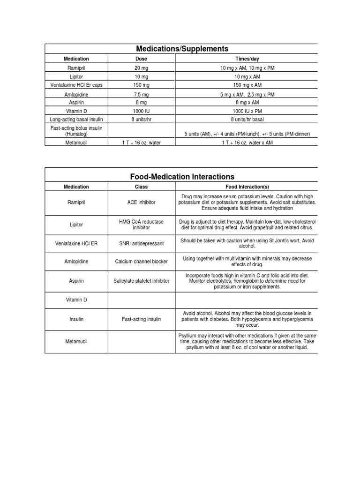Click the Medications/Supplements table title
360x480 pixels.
(182, 49)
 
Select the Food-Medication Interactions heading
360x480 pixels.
(182, 177)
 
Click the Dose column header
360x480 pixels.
(141, 59)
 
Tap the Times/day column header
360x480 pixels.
(247, 59)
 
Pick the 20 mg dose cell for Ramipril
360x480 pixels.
(141, 68)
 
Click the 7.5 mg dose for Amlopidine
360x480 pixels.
(141, 94)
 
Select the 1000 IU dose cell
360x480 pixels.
(141, 112)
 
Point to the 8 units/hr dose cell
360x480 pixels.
(141, 120)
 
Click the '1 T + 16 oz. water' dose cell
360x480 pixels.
(141, 142)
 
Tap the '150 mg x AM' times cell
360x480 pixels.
(247, 85)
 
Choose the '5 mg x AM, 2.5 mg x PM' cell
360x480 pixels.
(247, 94)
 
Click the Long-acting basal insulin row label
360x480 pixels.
(76, 120)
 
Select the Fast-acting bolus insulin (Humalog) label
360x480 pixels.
(76, 131)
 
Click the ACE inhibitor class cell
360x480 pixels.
(141, 202)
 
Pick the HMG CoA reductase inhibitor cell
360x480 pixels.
(141, 225)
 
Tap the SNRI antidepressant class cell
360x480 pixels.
(141, 244)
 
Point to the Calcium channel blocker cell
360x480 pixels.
(141, 261)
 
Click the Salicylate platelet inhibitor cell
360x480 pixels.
(141, 281)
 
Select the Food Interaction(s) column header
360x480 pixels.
(247, 187)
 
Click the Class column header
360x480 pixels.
(141, 187)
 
